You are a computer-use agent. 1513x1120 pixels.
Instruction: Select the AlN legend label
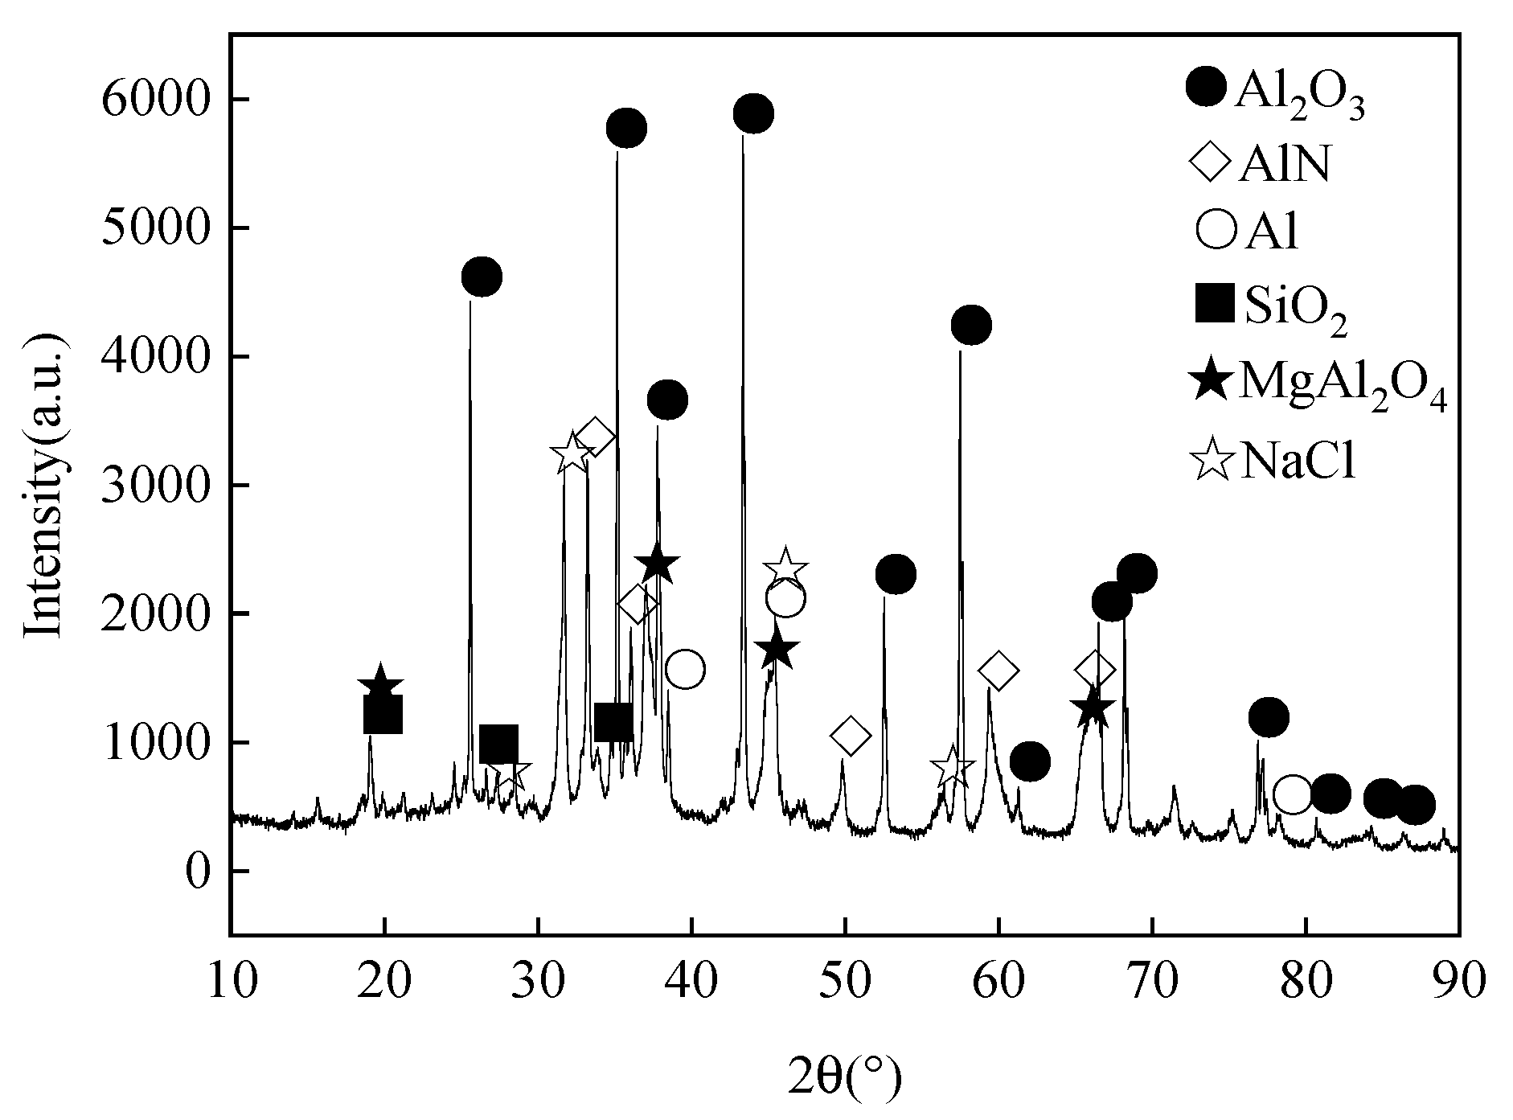click(1285, 166)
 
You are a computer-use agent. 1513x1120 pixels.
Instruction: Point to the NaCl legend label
click(1298, 462)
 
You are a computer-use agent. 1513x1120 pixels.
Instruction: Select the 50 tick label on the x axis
click(845, 983)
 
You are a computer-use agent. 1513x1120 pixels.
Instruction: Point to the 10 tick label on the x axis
click(231, 983)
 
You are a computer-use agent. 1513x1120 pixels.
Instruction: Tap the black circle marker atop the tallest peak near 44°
click(753, 113)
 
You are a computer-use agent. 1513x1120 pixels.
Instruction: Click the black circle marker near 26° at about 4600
click(482, 277)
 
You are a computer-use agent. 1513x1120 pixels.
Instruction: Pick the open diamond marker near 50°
click(851, 735)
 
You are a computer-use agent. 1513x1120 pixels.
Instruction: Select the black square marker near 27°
click(498, 745)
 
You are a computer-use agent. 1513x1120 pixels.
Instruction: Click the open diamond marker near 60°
click(998, 671)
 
